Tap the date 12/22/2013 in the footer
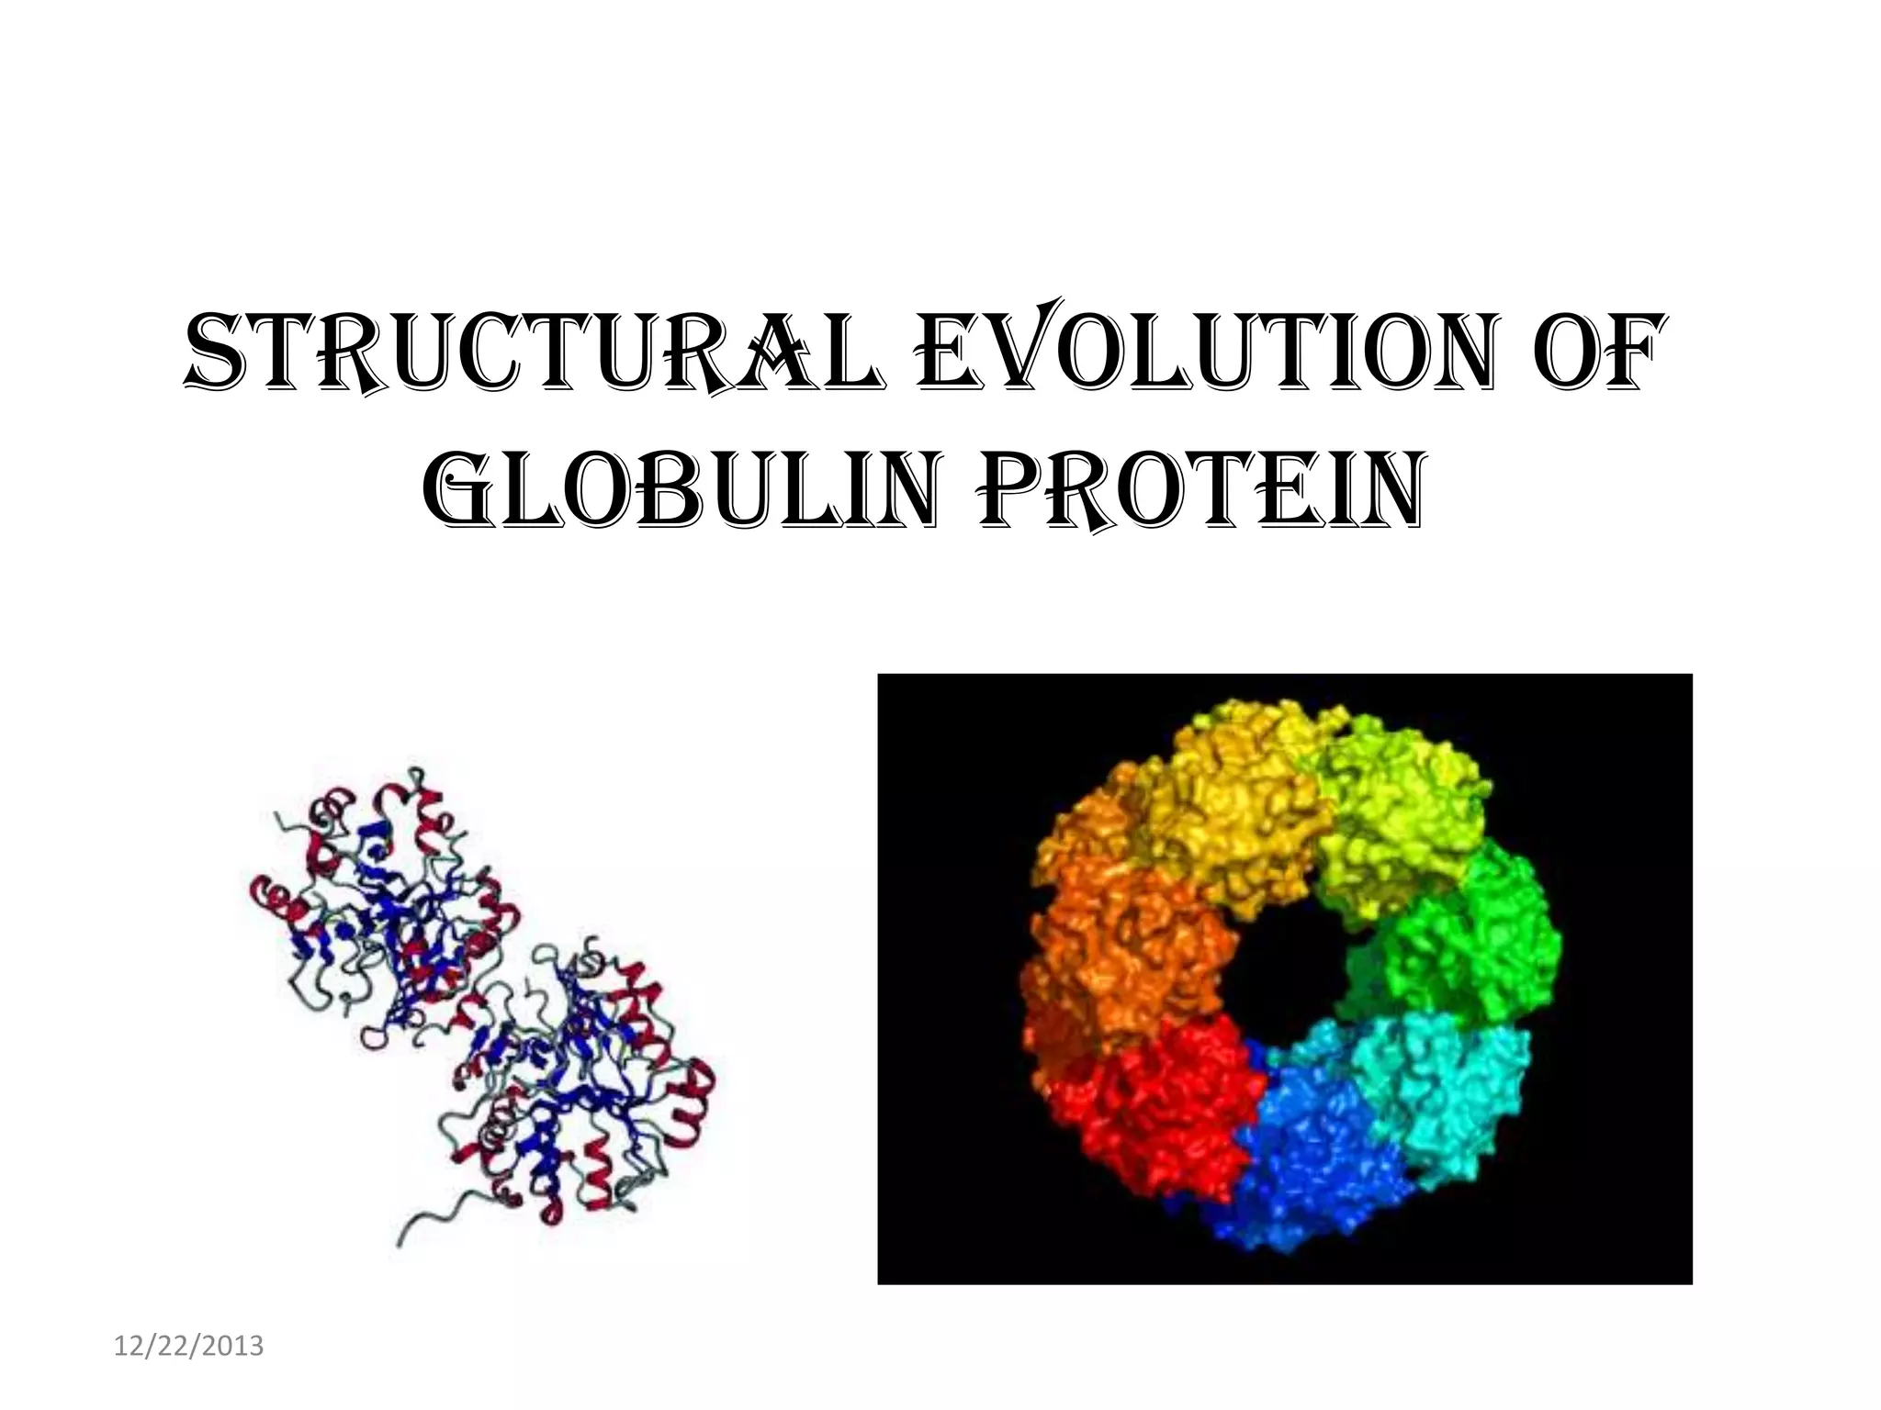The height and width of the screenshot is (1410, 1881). click(189, 1347)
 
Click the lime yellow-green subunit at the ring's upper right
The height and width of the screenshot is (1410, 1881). click(1396, 808)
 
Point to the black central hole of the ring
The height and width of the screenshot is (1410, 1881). click(1286, 973)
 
